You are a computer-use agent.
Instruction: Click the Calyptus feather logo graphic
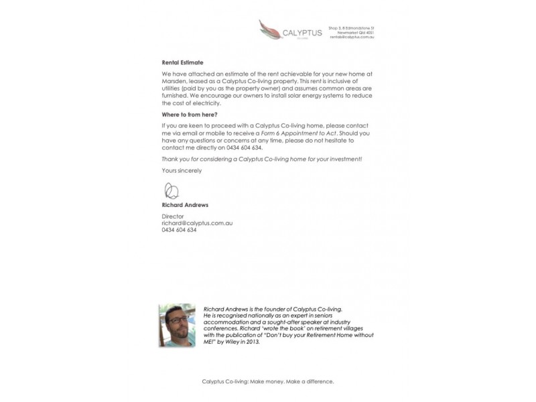tap(271, 30)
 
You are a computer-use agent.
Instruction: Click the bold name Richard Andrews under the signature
tap(185, 205)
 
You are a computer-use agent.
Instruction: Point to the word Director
tap(172, 216)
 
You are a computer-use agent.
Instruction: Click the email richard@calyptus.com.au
tap(197, 223)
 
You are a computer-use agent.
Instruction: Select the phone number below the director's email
tap(179, 230)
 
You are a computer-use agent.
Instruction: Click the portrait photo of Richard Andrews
tap(177, 325)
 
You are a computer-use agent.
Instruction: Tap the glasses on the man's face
tap(176, 320)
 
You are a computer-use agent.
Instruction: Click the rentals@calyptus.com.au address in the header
tap(352, 37)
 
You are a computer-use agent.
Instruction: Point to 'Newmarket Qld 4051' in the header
tap(356, 32)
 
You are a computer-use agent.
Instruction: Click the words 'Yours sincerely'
tap(182, 170)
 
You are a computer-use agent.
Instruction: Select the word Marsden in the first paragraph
tap(176, 81)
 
